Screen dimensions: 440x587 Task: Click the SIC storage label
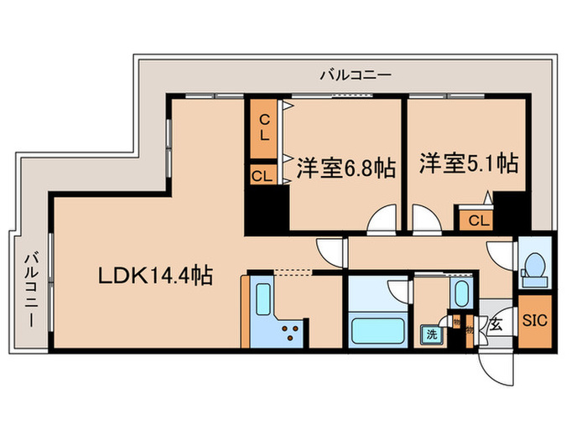tap(533, 319)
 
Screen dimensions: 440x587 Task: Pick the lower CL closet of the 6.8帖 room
tap(262, 175)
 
